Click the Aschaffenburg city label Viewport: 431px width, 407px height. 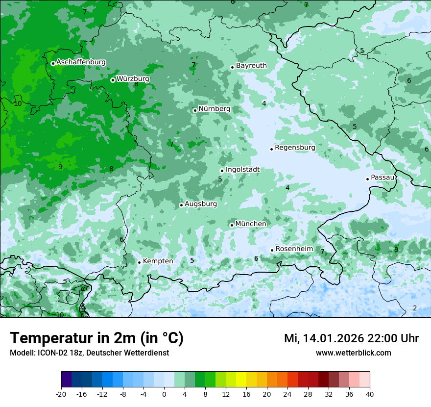tap(81, 62)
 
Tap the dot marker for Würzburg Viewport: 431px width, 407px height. tap(113, 80)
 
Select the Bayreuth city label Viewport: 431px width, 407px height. tap(251, 66)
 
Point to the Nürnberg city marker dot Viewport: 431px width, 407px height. tap(195, 110)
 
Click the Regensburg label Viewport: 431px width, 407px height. tap(295, 148)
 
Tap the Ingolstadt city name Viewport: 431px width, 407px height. tap(242, 170)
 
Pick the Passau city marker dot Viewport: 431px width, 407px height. tap(367, 179)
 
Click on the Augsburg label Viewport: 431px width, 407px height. tap(201, 204)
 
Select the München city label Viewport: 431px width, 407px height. tap(251, 224)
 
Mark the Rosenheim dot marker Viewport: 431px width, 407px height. tap(272, 250)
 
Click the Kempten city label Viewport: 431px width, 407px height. tap(158, 261)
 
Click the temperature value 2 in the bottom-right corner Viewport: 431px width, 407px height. tap(415, 308)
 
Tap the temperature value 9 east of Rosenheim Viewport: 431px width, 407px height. tap(396, 250)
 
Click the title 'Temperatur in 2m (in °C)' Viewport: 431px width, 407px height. tap(96, 338)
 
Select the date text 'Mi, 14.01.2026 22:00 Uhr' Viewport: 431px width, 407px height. tap(351, 338)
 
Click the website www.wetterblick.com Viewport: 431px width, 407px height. tap(353, 353)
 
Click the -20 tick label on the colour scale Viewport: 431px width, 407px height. tap(61, 394)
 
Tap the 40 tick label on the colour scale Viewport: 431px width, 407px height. tap(369, 394)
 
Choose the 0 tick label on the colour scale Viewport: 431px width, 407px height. tap(164, 394)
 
